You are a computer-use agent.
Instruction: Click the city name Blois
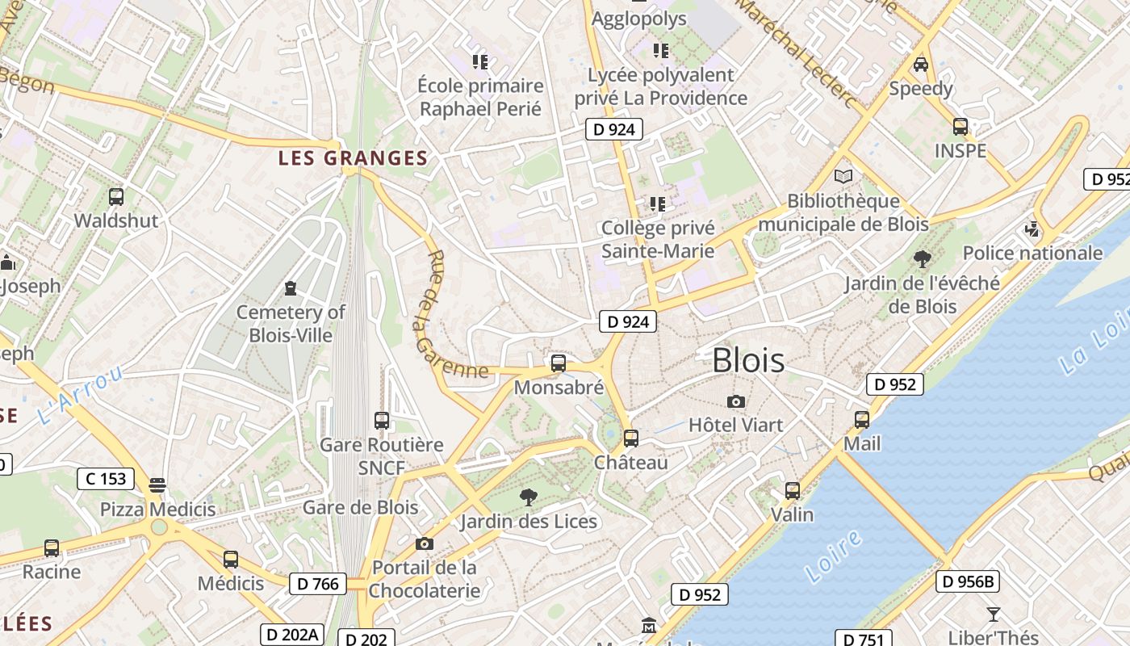click(748, 360)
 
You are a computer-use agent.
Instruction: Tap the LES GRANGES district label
click(353, 158)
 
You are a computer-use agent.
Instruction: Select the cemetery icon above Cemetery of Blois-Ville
click(291, 287)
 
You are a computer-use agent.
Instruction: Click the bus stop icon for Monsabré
click(558, 363)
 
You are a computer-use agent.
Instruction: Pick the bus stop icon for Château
click(631, 438)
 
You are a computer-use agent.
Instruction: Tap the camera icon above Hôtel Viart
click(735, 401)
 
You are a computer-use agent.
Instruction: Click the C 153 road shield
click(106, 479)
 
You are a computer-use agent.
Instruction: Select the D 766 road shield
click(318, 584)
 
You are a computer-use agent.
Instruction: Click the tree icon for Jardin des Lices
click(529, 497)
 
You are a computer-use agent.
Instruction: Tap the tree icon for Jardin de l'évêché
click(922, 259)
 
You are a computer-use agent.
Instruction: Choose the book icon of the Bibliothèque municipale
click(843, 176)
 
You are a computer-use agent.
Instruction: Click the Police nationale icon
click(1032, 229)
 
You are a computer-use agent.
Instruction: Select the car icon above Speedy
click(921, 64)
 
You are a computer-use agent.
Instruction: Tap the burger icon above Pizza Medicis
click(157, 485)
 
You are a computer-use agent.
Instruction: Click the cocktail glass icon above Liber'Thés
click(994, 614)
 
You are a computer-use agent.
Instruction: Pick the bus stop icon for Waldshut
click(116, 196)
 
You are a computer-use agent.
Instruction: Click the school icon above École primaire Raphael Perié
click(480, 61)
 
